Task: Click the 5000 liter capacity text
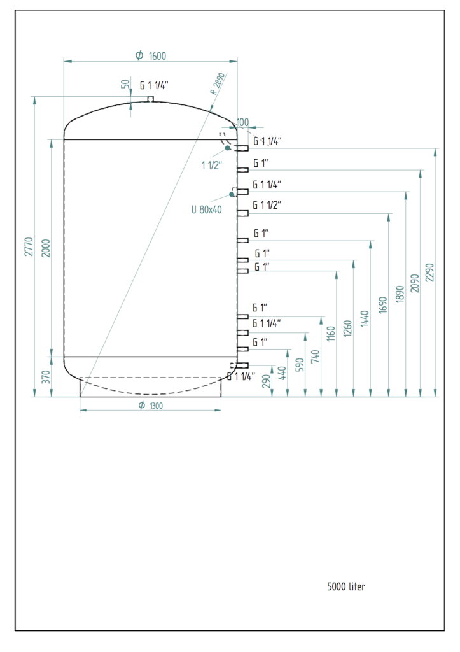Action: coord(346,586)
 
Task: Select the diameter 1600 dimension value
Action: coord(151,56)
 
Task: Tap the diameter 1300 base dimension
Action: coord(151,406)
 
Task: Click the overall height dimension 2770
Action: coord(28,246)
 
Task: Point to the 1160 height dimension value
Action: coord(331,334)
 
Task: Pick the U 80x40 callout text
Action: coord(206,209)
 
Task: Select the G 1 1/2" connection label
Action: coord(267,205)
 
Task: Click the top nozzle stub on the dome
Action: coord(151,99)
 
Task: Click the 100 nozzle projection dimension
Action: coord(243,122)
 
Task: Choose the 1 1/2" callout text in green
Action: coord(211,166)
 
